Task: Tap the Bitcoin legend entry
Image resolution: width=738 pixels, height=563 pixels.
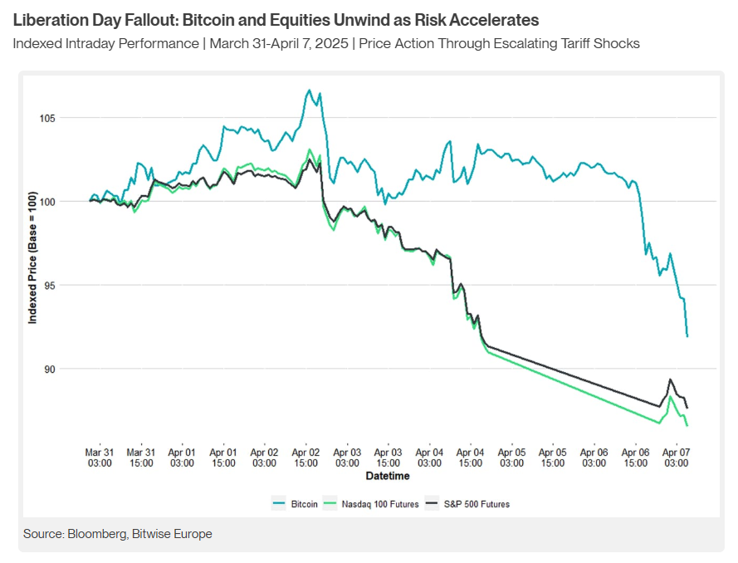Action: pyautogui.click(x=299, y=503)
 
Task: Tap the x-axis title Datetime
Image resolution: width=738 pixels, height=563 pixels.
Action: pyautogui.click(x=387, y=476)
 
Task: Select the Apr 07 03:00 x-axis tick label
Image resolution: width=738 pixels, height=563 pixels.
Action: pyautogui.click(x=677, y=458)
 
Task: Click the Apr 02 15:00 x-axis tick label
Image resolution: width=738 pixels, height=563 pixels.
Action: pyautogui.click(x=305, y=458)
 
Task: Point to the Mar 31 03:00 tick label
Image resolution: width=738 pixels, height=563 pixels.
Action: pyautogui.click(x=99, y=458)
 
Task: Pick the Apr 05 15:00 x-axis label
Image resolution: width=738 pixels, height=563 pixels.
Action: pyautogui.click(x=553, y=458)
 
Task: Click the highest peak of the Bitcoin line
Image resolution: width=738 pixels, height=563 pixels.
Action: pyautogui.click(x=309, y=90)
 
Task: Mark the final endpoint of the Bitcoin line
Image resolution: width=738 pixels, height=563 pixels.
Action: pyautogui.click(x=687, y=336)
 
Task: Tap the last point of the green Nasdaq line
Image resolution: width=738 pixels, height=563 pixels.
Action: pyautogui.click(x=687, y=426)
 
